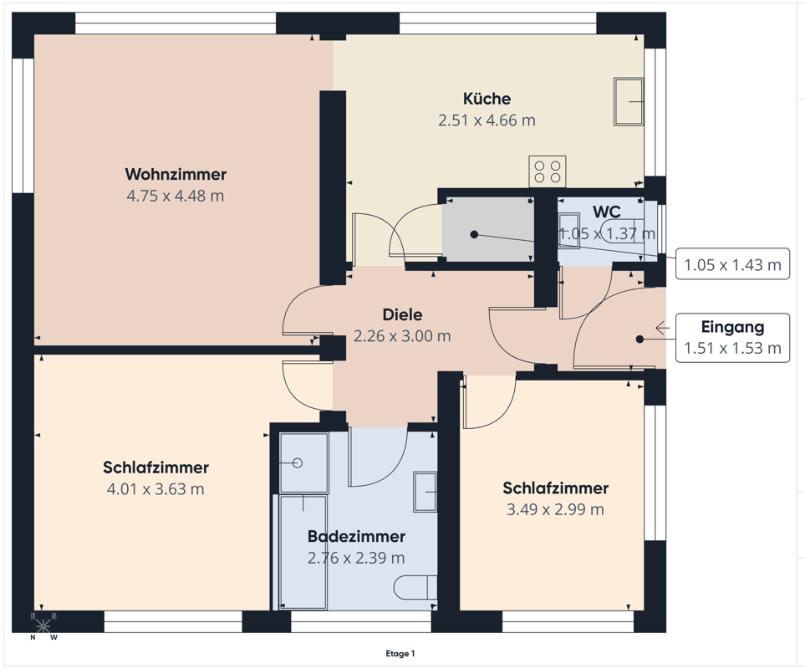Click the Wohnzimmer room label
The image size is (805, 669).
click(x=176, y=174)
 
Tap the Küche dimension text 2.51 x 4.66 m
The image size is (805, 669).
click(x=487, y=120)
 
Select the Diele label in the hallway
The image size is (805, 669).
click(x=403, y=314)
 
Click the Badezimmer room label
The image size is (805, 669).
click(x=356, y=536)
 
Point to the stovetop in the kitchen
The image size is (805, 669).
click(x=548, y=172)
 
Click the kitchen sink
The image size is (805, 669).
click(x=629, y=101)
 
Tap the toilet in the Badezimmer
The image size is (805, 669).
click(x=415, y=587)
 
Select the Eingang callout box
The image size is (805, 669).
click(x=732, y=337)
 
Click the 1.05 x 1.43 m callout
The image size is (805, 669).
click(x=732, y=264)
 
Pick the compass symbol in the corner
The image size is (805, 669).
click(x=43, y=626)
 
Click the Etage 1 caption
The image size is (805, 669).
click(x=400, y=654)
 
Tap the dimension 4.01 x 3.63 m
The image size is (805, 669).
click(x=155, y=488)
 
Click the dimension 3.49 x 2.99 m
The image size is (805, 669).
click(x=556, y=509)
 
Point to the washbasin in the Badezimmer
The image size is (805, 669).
click(x=425, y=493)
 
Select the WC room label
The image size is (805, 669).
click(x=606, y=212)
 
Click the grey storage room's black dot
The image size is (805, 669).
click(x=474, y=235)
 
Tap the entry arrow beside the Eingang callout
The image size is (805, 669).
click(x=662, y=328)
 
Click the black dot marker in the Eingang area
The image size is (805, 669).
click(x=639, y=339)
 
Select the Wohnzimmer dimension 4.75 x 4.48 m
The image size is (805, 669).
click(x=176, y=196)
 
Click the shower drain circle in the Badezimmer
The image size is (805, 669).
click(x=298, y=463)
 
